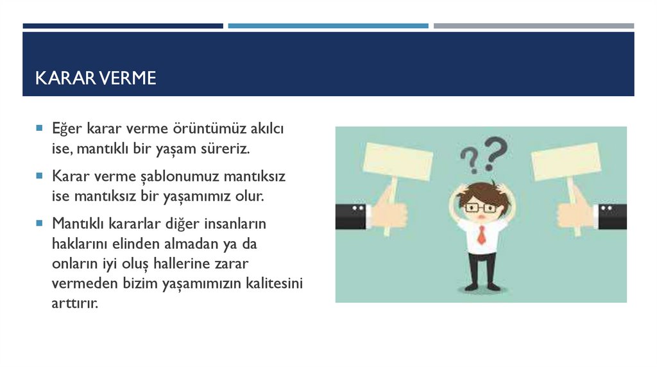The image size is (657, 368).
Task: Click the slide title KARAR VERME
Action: point(96,78)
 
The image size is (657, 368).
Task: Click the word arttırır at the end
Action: point(75,303)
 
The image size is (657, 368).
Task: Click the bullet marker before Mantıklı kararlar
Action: point(40,224)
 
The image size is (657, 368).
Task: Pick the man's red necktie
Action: point(481,235)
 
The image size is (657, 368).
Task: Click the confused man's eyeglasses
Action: point(481,208)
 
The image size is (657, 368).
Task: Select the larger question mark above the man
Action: point(495,153)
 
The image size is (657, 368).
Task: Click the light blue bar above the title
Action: point(328,26)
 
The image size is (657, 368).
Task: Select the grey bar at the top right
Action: point(533,26)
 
